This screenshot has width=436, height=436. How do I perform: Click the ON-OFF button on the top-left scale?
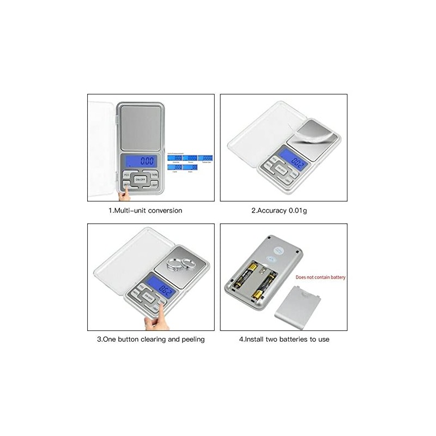point(140,179)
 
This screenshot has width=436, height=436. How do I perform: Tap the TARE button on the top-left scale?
point(154,175)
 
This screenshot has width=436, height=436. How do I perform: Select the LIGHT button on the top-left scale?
point(154,185)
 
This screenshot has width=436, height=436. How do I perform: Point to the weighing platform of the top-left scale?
point(140,126)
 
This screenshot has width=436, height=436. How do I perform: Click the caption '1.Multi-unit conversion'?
point(145,210)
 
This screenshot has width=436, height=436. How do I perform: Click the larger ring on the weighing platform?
point(175,265)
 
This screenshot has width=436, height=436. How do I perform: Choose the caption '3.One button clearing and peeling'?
point(151,339)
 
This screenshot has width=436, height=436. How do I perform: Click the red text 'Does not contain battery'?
point(320,277)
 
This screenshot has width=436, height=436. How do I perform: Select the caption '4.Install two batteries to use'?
point(284,339)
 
